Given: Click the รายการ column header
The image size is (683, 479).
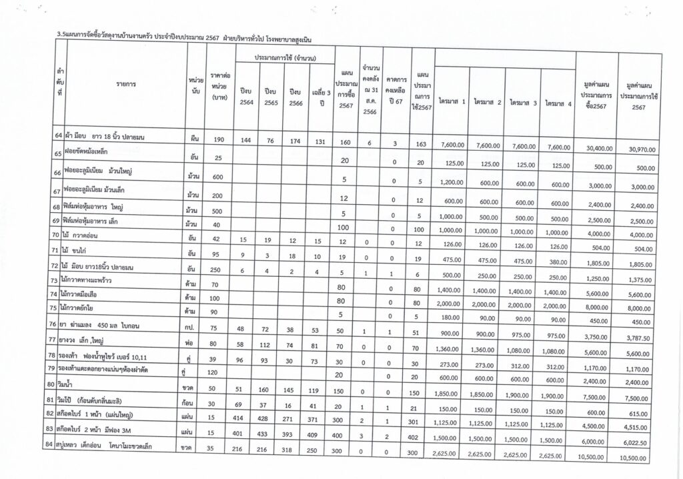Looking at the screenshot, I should click(126, 84).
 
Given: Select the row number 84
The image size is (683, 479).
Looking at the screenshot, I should click(59, 446).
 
